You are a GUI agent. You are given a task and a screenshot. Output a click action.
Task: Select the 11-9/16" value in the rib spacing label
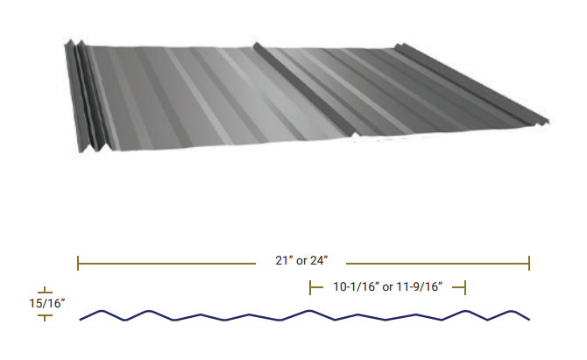point(416,286)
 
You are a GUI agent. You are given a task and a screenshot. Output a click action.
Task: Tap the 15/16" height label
point(44,303)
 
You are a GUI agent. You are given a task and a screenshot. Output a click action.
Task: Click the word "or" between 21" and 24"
point(300,262)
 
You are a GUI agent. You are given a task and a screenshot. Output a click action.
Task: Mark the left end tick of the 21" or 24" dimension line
point(79,262)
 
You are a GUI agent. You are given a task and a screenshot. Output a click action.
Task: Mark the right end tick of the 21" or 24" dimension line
point(529,262)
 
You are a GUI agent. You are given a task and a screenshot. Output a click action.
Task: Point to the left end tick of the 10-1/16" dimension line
point(310,286)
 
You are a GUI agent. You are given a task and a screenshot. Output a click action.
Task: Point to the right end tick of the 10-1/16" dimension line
point(465,286)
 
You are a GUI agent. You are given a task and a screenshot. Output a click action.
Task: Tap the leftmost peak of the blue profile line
point(103,310)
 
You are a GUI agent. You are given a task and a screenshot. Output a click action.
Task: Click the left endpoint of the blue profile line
point(80,320)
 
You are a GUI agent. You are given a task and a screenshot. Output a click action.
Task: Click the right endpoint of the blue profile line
point(529,319)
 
